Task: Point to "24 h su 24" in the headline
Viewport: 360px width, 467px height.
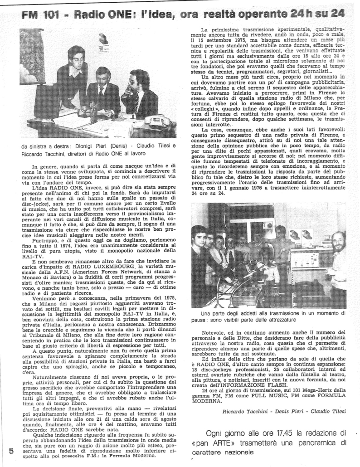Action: click(320, 14)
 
